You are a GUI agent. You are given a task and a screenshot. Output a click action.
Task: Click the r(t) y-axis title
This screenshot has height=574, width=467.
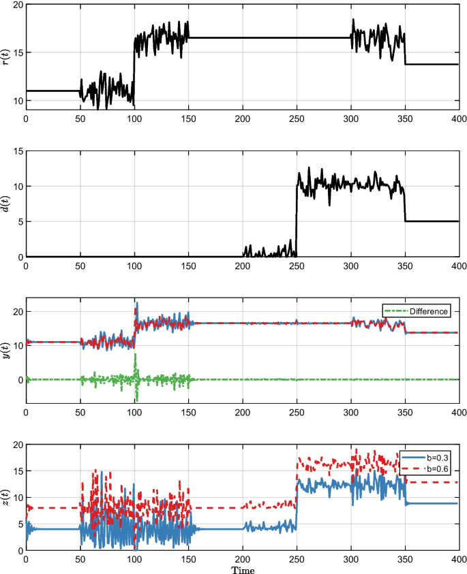click(x=7, y=57)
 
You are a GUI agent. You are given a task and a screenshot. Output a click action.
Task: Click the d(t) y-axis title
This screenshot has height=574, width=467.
click(x=7, y=204)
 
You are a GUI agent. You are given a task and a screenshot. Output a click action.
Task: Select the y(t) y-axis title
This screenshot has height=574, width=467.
click(x=7, y=351)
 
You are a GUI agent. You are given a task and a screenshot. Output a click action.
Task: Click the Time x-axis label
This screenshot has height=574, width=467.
click(x=242, y=569)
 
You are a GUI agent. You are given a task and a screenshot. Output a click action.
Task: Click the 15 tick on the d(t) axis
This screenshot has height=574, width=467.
click(x=16, y=151)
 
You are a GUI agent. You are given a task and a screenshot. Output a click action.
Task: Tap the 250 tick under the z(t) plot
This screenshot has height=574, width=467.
click(x=297, y=558)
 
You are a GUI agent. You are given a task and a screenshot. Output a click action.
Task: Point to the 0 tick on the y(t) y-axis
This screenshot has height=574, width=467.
click(x=19, y=379)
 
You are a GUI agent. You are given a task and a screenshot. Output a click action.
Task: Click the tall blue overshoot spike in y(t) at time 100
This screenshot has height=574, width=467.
click(x=136, y=304)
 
